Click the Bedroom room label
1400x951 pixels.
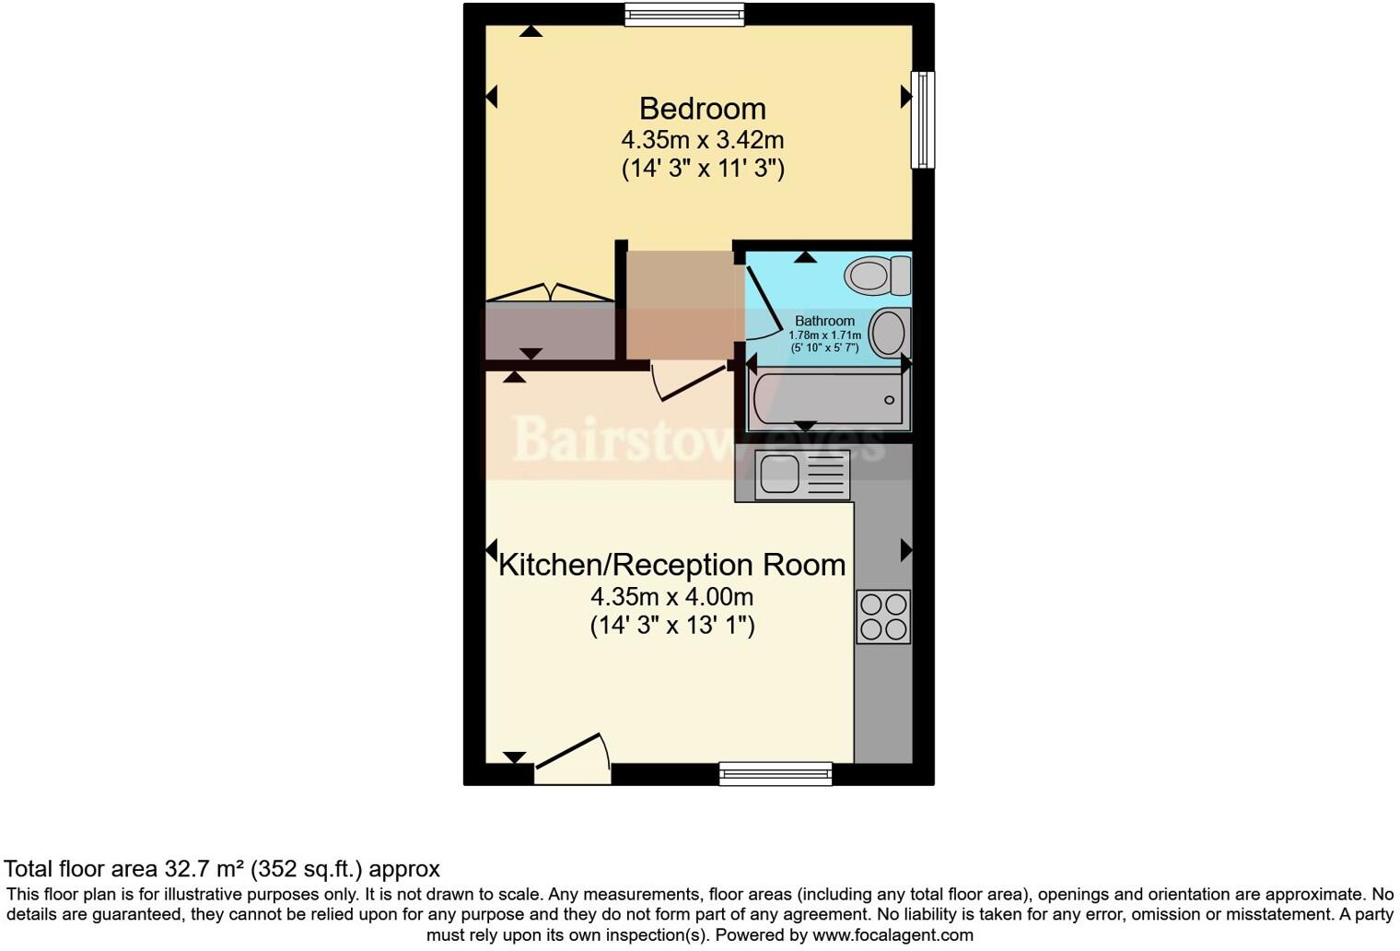coord(702,109)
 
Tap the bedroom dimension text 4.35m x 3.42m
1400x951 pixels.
coord(702,140)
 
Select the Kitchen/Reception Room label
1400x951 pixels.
coord(671,564)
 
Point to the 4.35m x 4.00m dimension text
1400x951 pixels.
coord(671,596)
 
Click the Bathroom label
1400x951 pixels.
coord(824,321)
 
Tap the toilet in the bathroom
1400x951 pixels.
coord(878,276)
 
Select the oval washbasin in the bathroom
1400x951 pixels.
coord(889,333)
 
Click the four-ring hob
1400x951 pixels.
coord(883,616)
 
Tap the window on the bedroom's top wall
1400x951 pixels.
coord(683,15)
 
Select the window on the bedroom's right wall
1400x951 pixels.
coord(922,120)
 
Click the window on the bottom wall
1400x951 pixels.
coord(776,774)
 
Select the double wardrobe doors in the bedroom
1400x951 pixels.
coord(550,293)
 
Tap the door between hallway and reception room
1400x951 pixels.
coord(689,382)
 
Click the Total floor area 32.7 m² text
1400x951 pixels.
coord(221,869)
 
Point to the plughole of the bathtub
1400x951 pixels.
coord(889,400)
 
